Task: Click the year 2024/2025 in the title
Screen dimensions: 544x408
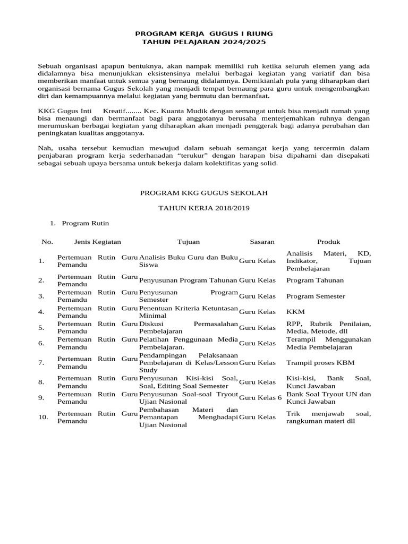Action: point(245,42)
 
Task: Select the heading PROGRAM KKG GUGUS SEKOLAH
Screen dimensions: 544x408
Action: point(204,193)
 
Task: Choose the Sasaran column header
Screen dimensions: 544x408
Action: point(262,242)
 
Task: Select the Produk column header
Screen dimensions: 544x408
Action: point(328,242)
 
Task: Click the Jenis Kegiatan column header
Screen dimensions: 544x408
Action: point(98,242)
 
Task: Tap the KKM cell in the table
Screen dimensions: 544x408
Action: point(295,312)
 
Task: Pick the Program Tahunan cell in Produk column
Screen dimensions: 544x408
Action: point(314,280)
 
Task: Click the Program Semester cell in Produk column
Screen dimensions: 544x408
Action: point(316,296)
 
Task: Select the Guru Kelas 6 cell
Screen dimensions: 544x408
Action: point(260,398)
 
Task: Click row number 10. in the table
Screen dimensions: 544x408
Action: point(43,418)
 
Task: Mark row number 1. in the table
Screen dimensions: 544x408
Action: point(41,261)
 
